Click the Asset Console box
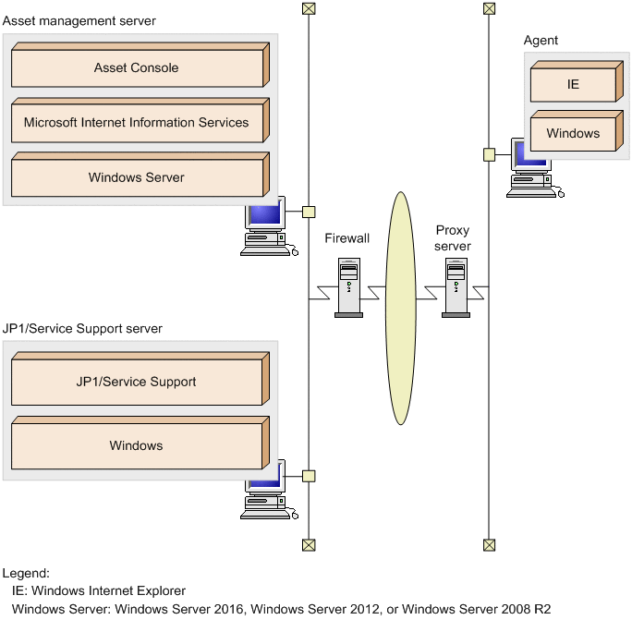click(x=136, y=68)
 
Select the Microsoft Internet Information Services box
click(x=136, y=123)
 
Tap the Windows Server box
click(x=136, y=177)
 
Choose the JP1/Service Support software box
click(x=136, y=383)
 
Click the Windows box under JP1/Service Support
click(x=136, y=446)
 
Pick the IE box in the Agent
click(x=573, y=84)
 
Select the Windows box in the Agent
click(x=573, y=134)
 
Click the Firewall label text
click(x=347, y=238)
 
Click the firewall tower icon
click(x=348, y=287)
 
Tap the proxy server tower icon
click(x=455, y=287)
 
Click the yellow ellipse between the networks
click(x=400, y=308)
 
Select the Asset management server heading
click(x=79, y=20)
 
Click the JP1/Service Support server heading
click(x=82, y=328)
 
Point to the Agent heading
click(x=541, y=41)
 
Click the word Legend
click(x=26, y=573)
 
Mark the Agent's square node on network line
click(x=489, y=154)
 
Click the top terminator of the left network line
click(x=309, y=8)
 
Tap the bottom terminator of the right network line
click(x=489, y=545)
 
